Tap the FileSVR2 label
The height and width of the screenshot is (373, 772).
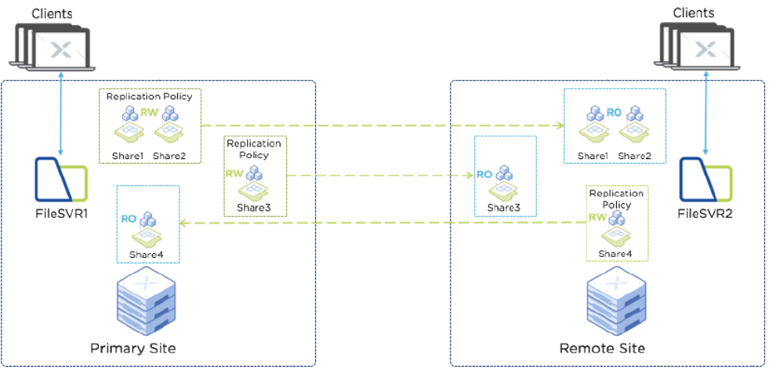[x=705, y=212]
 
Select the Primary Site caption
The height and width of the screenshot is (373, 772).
[x=132, y=347]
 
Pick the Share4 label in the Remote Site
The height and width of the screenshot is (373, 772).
[x=614, y=253]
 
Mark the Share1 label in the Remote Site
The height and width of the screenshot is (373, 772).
[x=594, y=156]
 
